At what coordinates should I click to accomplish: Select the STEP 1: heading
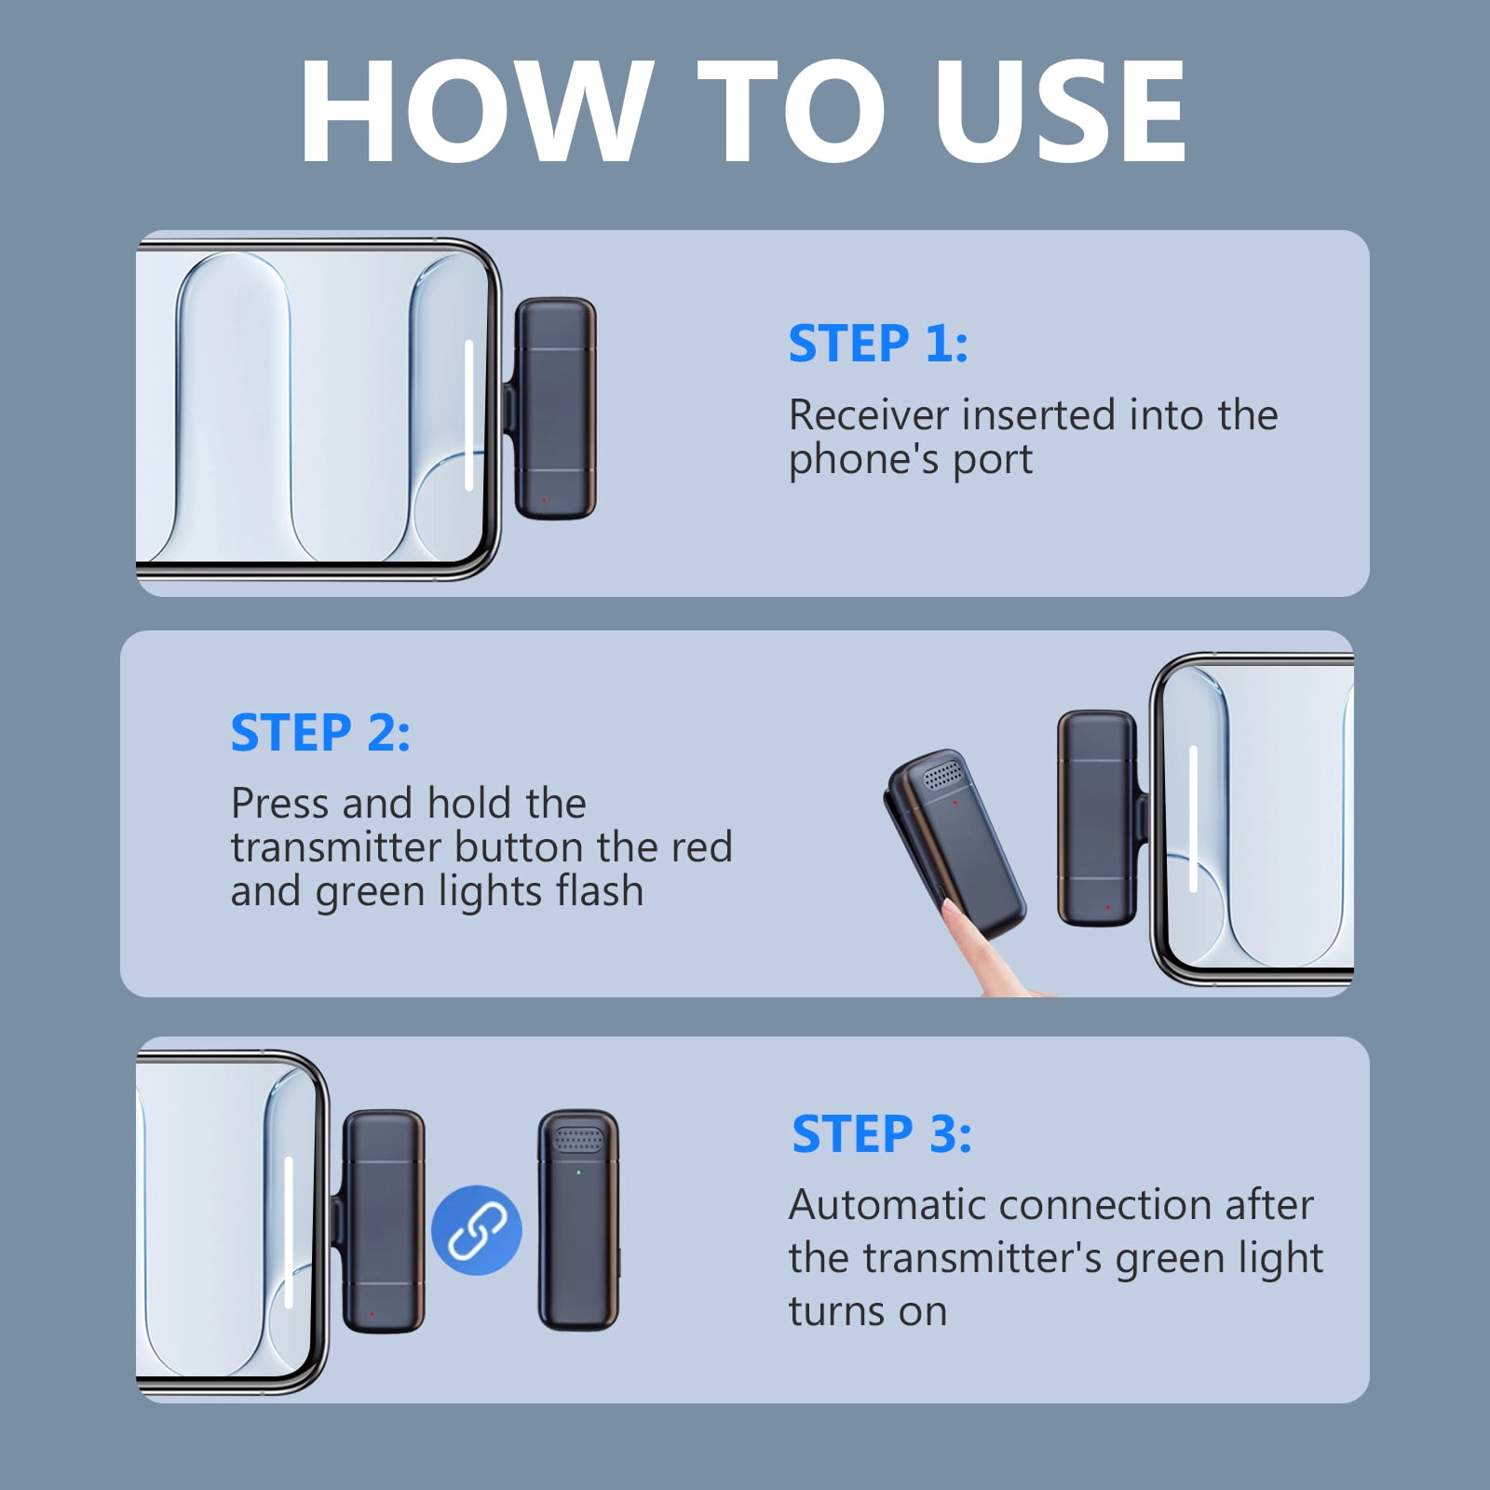click(878, 344)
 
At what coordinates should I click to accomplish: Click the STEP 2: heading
click(320, 733)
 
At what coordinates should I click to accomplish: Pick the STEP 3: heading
click(882, 1134)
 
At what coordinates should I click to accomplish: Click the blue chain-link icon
click(477, 1230)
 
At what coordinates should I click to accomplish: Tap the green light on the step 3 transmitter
click(579, 1172)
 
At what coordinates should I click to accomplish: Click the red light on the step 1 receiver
click(545, 500)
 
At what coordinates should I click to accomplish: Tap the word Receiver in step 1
click(869, 414)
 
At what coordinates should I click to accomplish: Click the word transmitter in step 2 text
click(335, 847)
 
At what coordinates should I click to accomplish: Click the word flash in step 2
click(600, 890)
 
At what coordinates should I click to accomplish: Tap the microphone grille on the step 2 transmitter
click(941, 773)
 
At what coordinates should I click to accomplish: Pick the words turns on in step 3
click(868, 1312)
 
